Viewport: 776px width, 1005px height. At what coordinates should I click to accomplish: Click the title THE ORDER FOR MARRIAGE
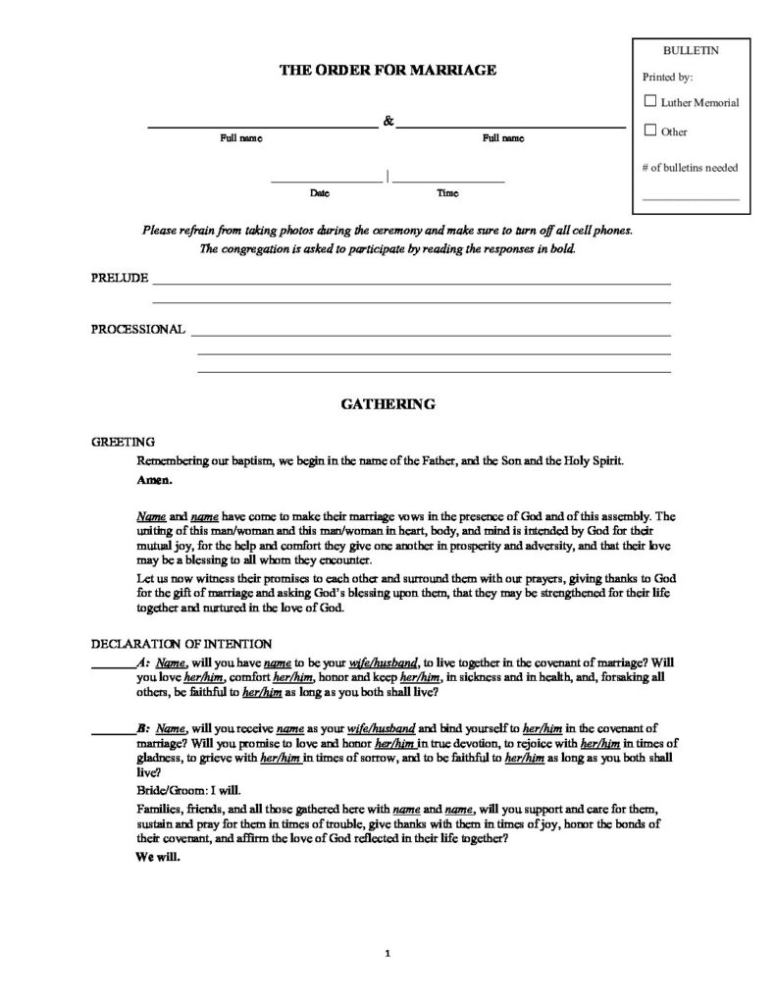(389, 70)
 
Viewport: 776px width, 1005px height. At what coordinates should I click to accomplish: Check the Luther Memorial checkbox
(649, 101)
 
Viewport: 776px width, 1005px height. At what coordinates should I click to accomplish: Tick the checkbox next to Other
(649, 130)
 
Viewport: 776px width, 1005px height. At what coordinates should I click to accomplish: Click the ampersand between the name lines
(388, 121)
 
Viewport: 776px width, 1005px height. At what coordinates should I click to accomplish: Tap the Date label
(319, 193)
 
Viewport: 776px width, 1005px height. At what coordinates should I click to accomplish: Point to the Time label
(447, 193)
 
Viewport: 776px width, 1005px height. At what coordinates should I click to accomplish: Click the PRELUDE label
(120, 278)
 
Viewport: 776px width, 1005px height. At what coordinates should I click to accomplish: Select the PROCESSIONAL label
(138, 329)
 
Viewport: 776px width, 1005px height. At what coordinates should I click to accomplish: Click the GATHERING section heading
(388, 403)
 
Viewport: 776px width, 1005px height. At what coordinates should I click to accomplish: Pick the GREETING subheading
(123, 442)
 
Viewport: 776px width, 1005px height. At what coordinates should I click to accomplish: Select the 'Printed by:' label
(668, 76)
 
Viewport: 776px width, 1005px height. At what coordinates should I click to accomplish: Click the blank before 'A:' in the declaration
(112, 663)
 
